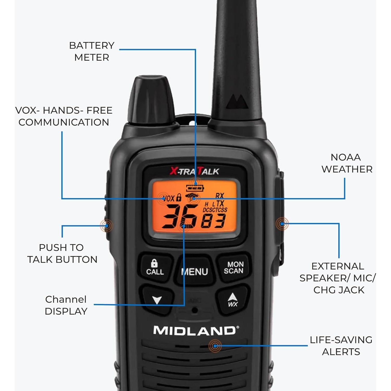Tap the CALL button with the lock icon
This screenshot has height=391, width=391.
pos(155,268)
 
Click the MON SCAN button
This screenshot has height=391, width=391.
pos(234,268)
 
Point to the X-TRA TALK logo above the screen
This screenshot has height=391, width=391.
pos(194,171)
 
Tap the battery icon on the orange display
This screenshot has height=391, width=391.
pos(195,188)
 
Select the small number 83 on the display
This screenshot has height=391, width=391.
pos(213,221)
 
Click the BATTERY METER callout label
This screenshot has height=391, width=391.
pos(92,51)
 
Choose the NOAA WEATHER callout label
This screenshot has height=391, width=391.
pos(347,163)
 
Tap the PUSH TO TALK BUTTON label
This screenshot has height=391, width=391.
pos(62,253)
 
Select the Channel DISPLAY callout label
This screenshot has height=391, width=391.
pos(66,305)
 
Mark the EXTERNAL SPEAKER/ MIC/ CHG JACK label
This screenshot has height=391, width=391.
pos(338,278)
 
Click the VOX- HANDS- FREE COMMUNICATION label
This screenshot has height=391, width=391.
pos(64,116)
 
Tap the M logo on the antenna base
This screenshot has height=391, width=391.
pos(237,102)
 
